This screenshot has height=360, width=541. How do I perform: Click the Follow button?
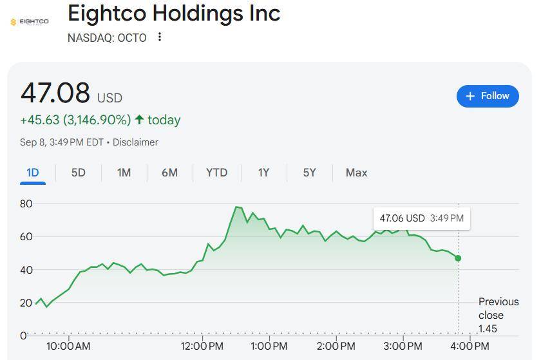(488, 96)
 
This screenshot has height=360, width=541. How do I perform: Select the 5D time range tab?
(78, 173)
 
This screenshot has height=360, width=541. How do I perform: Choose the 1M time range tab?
(124, 173)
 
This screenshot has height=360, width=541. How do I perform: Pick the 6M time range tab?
(169, 173)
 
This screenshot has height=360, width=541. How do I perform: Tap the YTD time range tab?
(217, 173)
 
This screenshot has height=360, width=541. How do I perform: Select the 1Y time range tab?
(263, 173)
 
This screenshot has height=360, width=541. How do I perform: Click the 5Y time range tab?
(310, 173)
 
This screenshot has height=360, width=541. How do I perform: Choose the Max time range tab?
(356, 173)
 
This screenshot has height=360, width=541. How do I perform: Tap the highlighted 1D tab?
(33, 173)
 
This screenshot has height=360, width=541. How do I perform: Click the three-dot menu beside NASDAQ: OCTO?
(160, 37)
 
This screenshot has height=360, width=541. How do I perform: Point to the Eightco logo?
(30, 22)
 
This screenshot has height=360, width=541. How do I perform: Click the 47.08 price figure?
(55, 93)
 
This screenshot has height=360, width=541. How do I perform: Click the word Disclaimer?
(135, 142)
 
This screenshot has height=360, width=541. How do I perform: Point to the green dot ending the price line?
(458, 258)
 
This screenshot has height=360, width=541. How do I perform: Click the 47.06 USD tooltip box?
(421, 218)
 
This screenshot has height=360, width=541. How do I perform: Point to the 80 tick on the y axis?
(26, 204)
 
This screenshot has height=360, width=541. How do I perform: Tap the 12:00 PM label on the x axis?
(202, 346)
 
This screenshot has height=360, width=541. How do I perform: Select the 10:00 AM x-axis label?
(68, 346)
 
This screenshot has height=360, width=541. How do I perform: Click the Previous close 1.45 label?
(498, 315)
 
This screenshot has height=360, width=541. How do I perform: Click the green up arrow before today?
(139, 120)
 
